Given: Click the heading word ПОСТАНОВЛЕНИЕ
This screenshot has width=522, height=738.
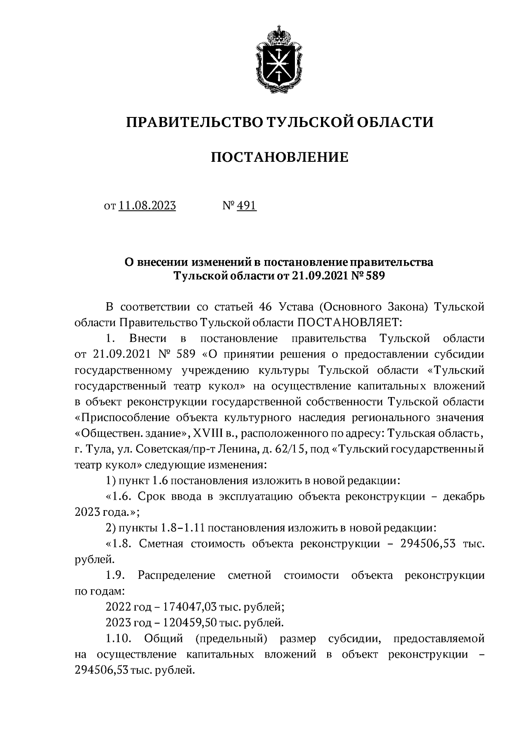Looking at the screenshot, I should point(280,157).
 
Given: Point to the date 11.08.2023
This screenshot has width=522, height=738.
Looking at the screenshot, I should point(147,205).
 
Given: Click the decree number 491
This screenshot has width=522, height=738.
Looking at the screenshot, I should point(247,205).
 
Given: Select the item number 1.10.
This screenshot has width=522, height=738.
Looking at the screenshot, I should point(118,638).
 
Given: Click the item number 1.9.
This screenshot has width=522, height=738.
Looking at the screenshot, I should point(115,575).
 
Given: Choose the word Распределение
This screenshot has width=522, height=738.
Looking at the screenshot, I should point(176,575).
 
